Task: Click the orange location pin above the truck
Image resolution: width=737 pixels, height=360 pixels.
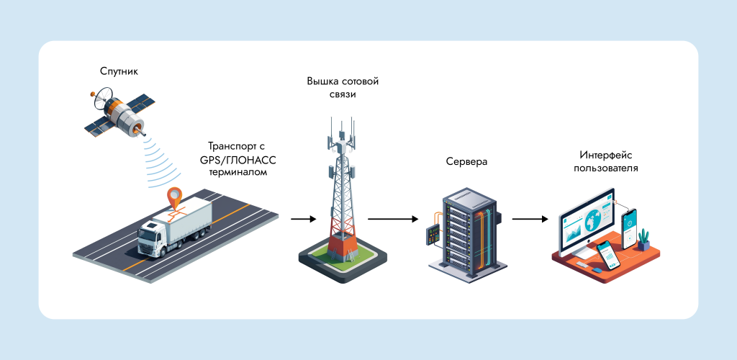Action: tap(174, 197)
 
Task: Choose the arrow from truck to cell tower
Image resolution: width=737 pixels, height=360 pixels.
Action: tap(303, 217)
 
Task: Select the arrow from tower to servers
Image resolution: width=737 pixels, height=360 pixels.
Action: tap(393, 217)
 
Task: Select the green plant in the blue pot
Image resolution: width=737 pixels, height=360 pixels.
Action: tap(643, 238)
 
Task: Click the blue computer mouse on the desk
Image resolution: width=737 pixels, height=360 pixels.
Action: tap(597, 271)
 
